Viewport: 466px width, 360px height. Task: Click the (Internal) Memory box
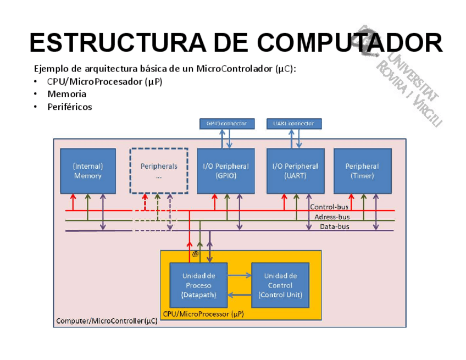click(x=88, y=170)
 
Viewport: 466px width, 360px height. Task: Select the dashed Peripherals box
click(x=159, y=170)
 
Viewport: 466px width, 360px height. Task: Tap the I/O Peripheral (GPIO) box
click(x=226, y=170)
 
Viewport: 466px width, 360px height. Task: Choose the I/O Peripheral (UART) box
click(x=295, y=170)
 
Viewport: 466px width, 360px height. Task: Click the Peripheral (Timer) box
click(x=362, y=170)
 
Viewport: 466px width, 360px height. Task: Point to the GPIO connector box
click(x=226, y=124)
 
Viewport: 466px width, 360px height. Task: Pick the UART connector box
click(x=294, y=124)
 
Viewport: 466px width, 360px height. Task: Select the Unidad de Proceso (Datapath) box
click(x=198, y=285)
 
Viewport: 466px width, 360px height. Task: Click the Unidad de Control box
click(x=280, y=285)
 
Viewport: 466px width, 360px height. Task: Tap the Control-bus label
click(x=329, y=207)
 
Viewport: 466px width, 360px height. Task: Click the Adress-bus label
click(x=332, y=217)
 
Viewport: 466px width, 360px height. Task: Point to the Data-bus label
click(x=334, y=226)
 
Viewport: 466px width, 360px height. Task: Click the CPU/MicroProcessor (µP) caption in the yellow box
click(x=203, y=314)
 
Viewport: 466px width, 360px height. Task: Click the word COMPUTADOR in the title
click(x=349, y=42)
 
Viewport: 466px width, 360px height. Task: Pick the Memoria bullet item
click(x=66, y=94)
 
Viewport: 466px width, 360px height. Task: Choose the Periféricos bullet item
click(x=69, y=107)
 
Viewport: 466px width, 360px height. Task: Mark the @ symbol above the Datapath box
click(x=195, y=254)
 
